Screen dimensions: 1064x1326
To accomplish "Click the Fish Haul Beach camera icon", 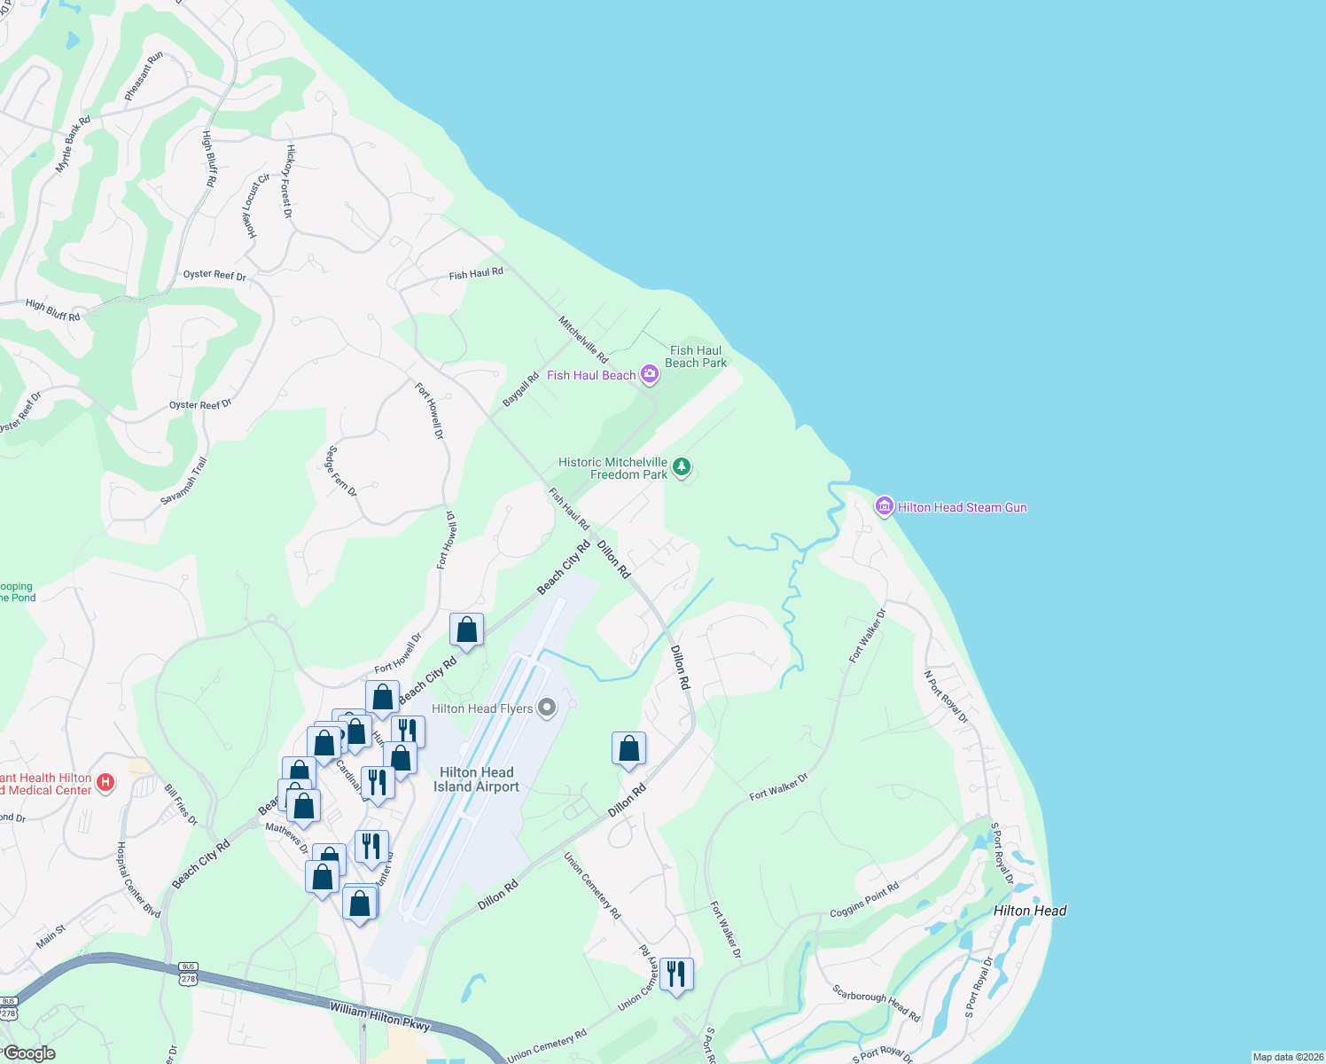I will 650,374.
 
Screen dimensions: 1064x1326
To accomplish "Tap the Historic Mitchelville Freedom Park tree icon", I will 681,466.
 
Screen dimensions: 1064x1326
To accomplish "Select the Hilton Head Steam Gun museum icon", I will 884,506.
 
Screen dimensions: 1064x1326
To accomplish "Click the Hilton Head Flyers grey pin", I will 547,708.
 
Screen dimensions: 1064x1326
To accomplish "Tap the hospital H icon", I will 105,782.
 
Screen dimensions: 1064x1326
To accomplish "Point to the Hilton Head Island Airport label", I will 476,779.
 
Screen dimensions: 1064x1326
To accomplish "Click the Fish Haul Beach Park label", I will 696,356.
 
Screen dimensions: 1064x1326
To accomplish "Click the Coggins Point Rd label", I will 864,900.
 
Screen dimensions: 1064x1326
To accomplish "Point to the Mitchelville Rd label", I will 582,340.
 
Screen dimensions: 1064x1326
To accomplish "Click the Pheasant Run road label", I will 144,75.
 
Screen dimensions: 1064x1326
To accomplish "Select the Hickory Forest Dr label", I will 287,181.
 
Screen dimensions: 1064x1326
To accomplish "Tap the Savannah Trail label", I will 183,481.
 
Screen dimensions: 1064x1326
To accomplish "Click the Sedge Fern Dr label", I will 341,471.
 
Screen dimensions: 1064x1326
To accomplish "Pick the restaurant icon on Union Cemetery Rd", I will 676,974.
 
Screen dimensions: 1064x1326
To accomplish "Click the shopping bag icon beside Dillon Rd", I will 628,748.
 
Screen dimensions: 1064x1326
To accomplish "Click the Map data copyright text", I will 1287,1057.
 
